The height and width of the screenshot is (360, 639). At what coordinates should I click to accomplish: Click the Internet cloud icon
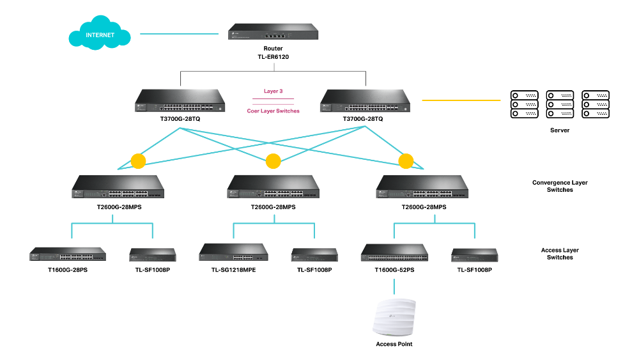[100, 34]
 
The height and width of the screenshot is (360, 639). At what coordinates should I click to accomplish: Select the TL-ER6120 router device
[273, 33]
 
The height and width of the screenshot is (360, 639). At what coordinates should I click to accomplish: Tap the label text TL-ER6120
[273, 56]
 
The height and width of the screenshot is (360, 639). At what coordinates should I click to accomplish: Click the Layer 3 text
[273, 91]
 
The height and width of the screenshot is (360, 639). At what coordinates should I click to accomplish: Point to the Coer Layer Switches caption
[273, 111]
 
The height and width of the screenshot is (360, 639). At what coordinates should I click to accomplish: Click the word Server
[559, 130]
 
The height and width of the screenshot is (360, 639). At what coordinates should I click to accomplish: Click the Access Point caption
[394, 344]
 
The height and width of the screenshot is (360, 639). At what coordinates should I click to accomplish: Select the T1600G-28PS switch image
[68, 254]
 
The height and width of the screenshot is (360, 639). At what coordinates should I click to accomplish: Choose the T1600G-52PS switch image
[395, 253]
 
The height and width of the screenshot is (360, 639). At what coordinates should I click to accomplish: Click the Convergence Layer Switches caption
[560, 186]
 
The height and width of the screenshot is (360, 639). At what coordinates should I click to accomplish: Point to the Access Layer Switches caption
[560, 254]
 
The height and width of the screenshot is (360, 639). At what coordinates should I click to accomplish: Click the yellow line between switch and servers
[460, 100]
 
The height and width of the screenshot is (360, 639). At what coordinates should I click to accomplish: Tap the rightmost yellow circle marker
[406, 160]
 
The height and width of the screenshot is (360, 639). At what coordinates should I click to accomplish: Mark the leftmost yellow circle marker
[138, 160]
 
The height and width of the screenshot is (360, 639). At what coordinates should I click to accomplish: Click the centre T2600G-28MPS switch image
[273, 186]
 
